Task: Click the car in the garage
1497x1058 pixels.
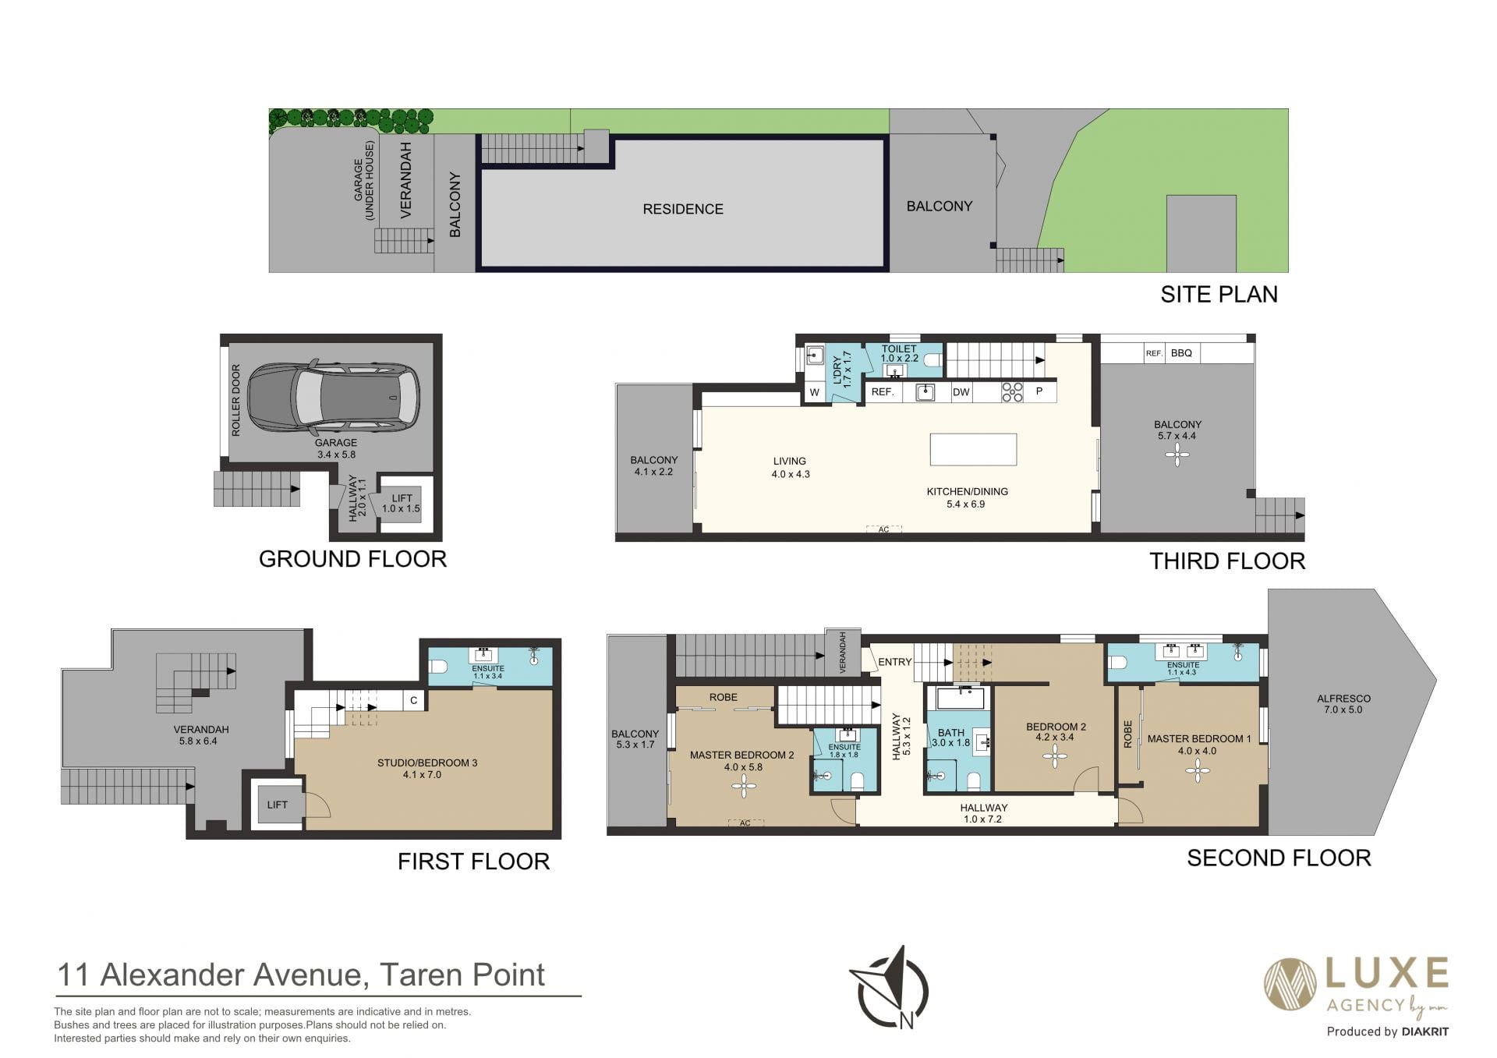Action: click(334, 397)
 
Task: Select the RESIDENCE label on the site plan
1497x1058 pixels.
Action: click(683, 209)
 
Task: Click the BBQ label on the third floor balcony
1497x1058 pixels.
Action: click(1181, 353)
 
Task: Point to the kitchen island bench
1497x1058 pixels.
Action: click(973, 449)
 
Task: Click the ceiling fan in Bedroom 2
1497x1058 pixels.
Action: click(1055, 755)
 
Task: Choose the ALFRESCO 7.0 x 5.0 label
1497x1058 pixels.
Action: click(1343, 704)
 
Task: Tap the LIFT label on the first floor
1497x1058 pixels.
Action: click(278, 805)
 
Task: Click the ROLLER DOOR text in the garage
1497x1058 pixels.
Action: click(235, 400)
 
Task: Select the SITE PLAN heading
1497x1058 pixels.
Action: click(1219, 294)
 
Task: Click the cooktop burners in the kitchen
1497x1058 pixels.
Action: click(1012, 391)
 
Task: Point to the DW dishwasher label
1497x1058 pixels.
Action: click(961, 391)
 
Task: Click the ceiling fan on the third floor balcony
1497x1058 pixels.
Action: click(1177, 455)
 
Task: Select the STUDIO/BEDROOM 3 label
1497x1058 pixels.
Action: click(427, 763)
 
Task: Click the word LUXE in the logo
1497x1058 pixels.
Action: click(1387, 974)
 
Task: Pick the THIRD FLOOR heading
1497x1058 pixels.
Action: click(1227, 561)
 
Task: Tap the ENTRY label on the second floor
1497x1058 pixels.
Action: click(894, 662)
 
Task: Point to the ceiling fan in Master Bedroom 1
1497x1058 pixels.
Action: click(1197, 771)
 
